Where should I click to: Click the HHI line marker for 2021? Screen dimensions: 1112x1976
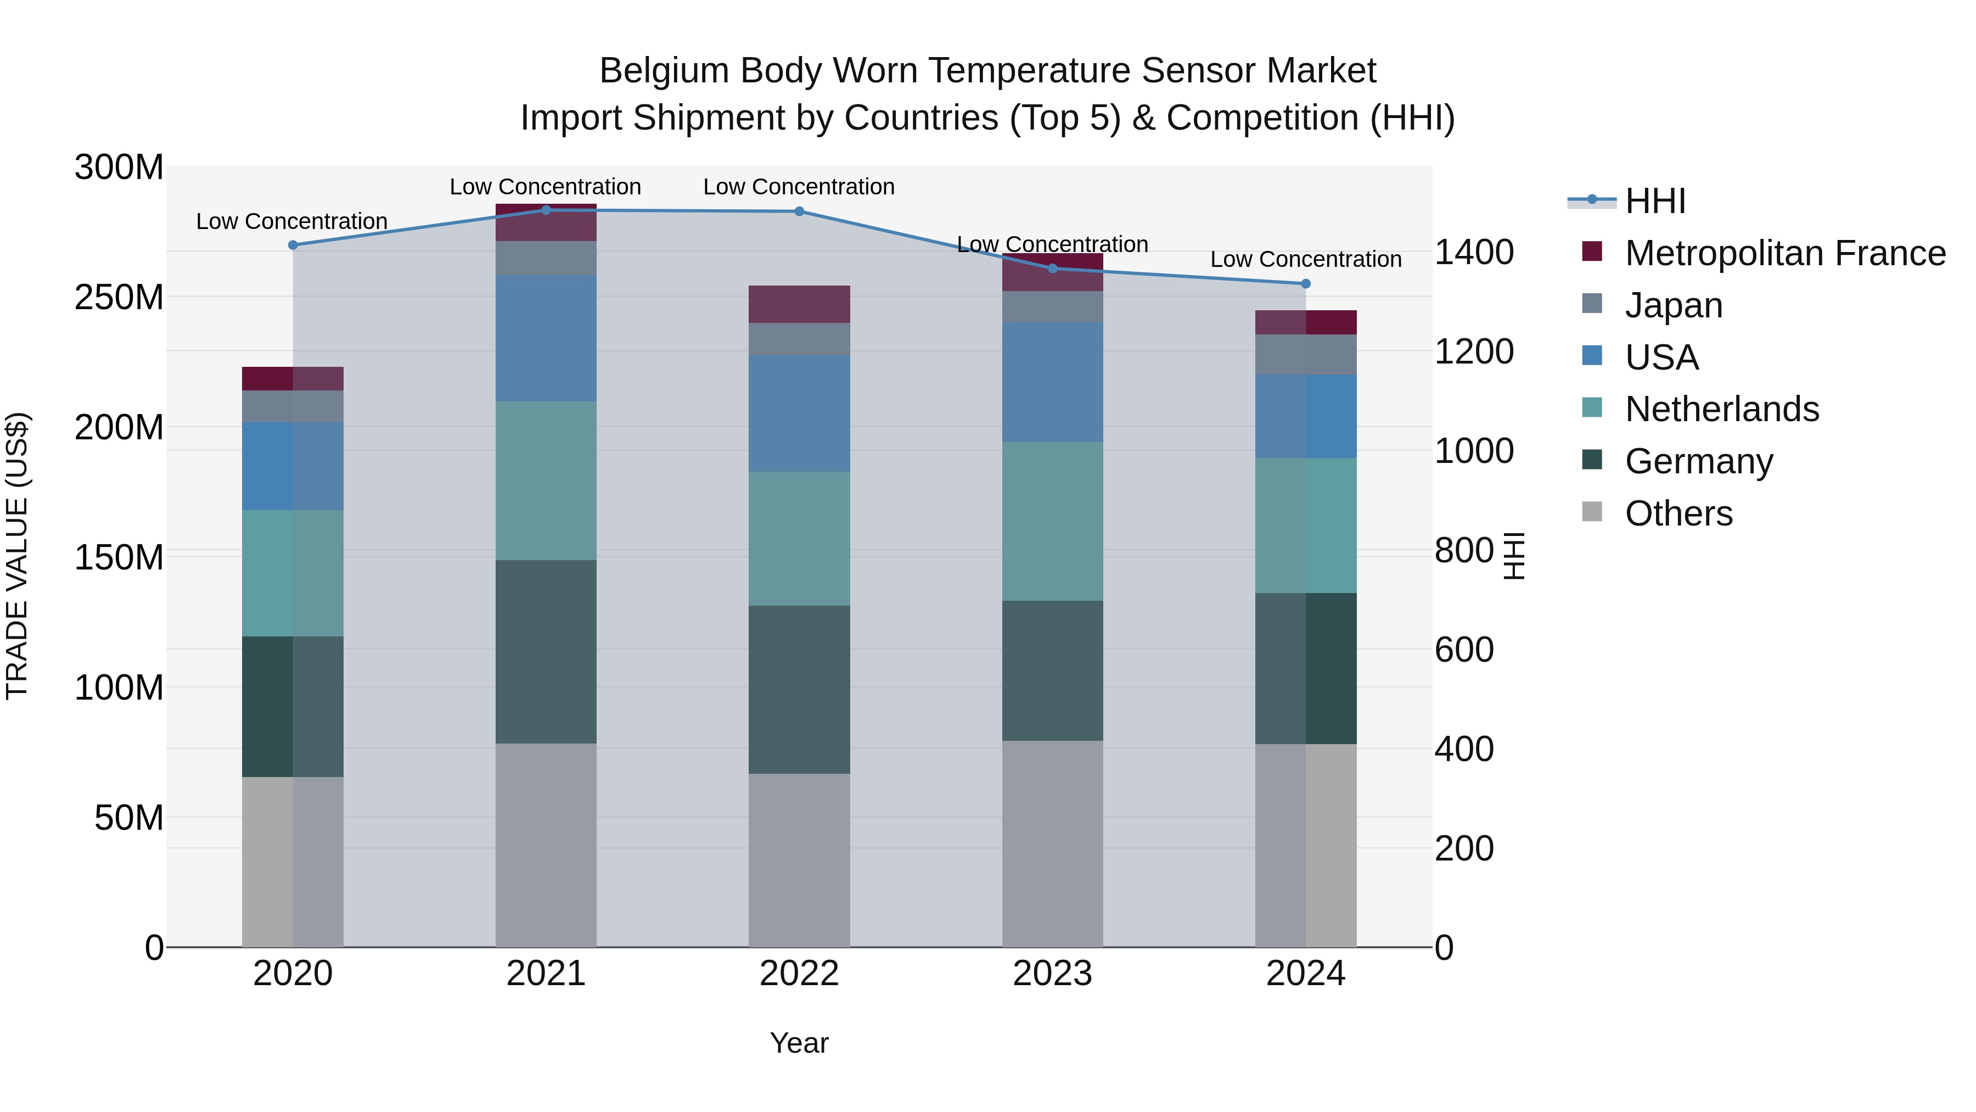pyautogui.click(x=546, y=210)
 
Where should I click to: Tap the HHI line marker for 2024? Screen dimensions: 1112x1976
pyautogui.click(x=1306, y=284)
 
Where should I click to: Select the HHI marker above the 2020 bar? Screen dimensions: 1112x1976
pyautogui.click(x=293, y=245)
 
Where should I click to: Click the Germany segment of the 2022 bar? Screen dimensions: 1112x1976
pyautogui.click(x=799, y=689)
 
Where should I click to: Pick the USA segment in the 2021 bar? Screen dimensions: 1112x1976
pyautogui.click(x=546, y=338)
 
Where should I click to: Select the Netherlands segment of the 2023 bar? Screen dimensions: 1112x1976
pyautogui.click(x=1052, y=521)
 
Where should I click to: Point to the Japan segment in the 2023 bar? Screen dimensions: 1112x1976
pyautogui.click(x=1052, y=307)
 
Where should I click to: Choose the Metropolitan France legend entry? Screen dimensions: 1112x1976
pyautogui.click(x=1784, y=253)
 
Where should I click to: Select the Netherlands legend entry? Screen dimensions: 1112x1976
pyautogui.click(x=1721, y=409)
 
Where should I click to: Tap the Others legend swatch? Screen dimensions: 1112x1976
pyautogui.click(x=1592, y=512)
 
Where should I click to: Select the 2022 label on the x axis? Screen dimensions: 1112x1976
pyautogui.click(x=799, y=974)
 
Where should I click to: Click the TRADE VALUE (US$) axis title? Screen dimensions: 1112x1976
pyautogui.click(x=17, y=556)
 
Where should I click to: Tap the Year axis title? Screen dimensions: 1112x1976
pyautogui.click(x=799, y=1043)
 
